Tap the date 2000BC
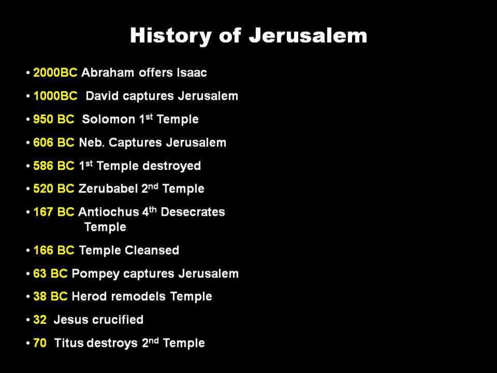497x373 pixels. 55,73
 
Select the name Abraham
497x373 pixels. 108,73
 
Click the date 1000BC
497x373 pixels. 55,96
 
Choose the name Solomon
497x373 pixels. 108,119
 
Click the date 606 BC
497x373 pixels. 53,142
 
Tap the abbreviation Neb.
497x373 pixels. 92,142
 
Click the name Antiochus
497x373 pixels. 108,212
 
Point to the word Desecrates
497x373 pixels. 193,212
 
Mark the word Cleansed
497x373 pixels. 152,250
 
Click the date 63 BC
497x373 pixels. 50,274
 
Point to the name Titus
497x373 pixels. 68,343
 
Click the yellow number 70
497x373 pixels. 40,343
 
